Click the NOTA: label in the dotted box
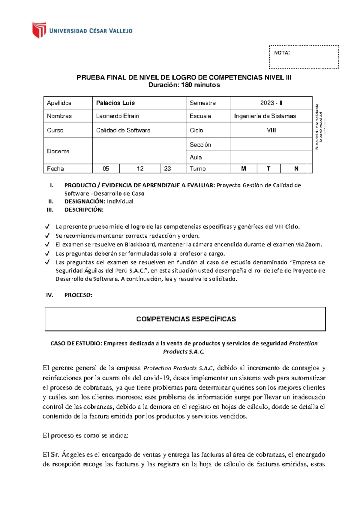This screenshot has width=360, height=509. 282,53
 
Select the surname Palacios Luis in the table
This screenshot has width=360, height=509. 115,103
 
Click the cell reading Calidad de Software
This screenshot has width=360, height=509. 123,130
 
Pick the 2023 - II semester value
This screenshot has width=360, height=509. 271,103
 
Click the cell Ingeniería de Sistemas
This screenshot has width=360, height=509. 265,116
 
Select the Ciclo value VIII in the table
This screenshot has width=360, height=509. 271,130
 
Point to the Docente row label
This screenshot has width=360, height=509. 58,151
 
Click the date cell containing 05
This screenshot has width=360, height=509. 106,169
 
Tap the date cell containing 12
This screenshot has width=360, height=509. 140,169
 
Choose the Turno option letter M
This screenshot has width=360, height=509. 244,169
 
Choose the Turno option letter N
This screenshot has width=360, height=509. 296,169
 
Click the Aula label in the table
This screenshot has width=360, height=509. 196,157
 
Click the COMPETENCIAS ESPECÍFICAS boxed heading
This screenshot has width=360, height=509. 186,319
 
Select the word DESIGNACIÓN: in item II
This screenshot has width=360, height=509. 85,201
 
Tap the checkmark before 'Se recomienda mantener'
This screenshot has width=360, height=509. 47,236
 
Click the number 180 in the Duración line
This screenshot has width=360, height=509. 186,85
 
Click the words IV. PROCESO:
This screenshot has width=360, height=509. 69,295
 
